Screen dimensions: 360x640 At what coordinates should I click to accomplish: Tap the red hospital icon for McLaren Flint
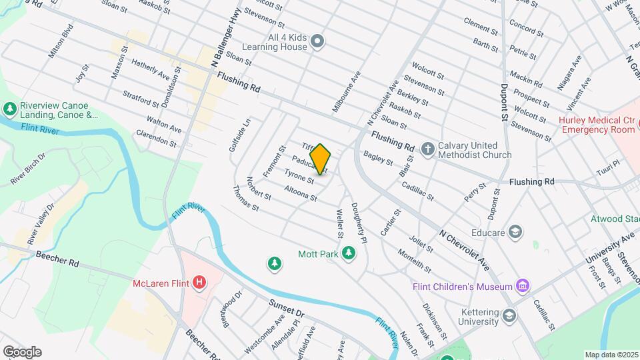coord(199,283)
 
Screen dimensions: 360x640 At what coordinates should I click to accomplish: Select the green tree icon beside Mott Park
coord(347,253)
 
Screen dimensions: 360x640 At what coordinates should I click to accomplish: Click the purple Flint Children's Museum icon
coord(523,287)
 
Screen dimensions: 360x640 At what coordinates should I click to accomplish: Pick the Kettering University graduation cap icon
coord(510,315)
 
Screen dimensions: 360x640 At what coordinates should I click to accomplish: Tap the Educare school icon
coord(515,231)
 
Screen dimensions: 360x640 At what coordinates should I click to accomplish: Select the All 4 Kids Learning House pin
coord(318,42)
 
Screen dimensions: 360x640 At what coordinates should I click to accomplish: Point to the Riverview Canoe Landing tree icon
coord(10,108)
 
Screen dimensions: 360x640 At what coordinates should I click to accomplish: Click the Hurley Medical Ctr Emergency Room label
coord(595,125)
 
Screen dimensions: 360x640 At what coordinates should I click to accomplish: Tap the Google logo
coord(22,352)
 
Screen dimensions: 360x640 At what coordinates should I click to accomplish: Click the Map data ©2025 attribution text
coord(611,355)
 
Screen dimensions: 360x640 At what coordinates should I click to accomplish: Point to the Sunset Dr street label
coord(287,307)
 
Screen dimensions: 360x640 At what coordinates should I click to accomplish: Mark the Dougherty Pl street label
coord(358,221)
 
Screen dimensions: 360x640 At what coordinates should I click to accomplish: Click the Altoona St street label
coord(300,193)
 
